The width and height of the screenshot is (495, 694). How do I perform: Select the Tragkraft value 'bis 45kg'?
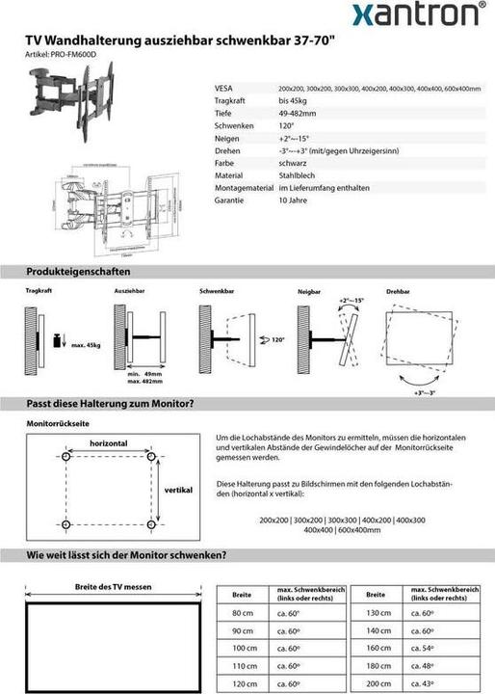click(294, 100)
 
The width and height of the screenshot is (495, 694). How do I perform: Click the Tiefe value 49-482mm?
click(297, 113)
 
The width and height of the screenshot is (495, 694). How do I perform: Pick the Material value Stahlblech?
click(297, 175)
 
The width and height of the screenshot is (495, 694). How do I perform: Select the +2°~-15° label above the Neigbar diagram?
click(352, 302)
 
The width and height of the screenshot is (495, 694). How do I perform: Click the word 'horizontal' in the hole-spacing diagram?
click(109, 442)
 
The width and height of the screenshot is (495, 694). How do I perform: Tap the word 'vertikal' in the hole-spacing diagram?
click(178, 491)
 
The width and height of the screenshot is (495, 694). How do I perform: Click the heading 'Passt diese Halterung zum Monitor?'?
click(111, 403)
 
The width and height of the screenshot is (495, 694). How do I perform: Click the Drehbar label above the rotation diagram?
click(398, 290)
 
